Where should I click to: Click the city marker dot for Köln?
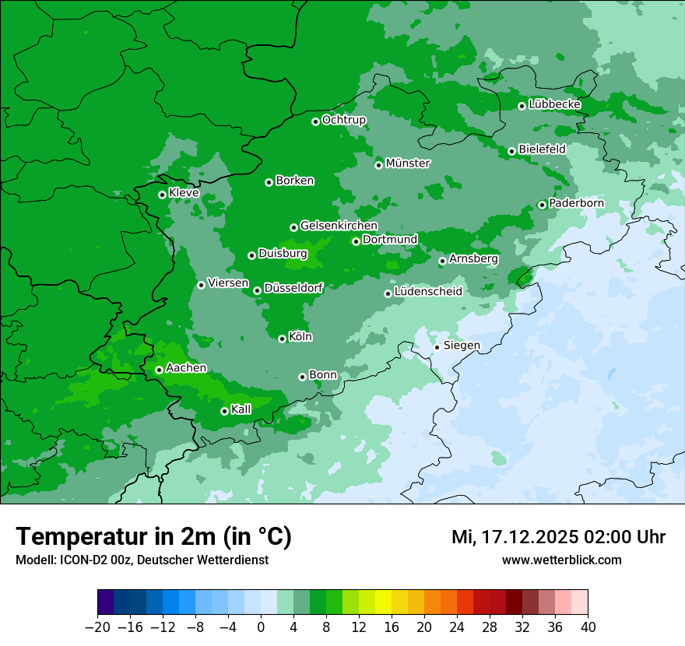click(283, 339)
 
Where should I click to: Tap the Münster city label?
click(408, 163)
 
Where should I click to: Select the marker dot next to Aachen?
click(159, 370)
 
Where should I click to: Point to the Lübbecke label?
click(554, 104)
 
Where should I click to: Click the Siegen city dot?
click(437, 347)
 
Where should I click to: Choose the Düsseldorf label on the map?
click(293, 288)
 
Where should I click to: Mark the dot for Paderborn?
click(542, 205)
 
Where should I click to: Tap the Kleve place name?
click(184, 193)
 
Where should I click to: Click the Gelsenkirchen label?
click(339, 226)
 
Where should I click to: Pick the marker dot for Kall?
click(224, 411)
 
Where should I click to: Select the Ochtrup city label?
click(343, 120)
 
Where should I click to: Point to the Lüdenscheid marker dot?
click(388, 293)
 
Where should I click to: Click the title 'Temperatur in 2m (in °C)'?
click(153, 536)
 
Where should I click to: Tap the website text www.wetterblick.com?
click(561, 560)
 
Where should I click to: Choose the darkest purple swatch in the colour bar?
click(105, 602)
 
